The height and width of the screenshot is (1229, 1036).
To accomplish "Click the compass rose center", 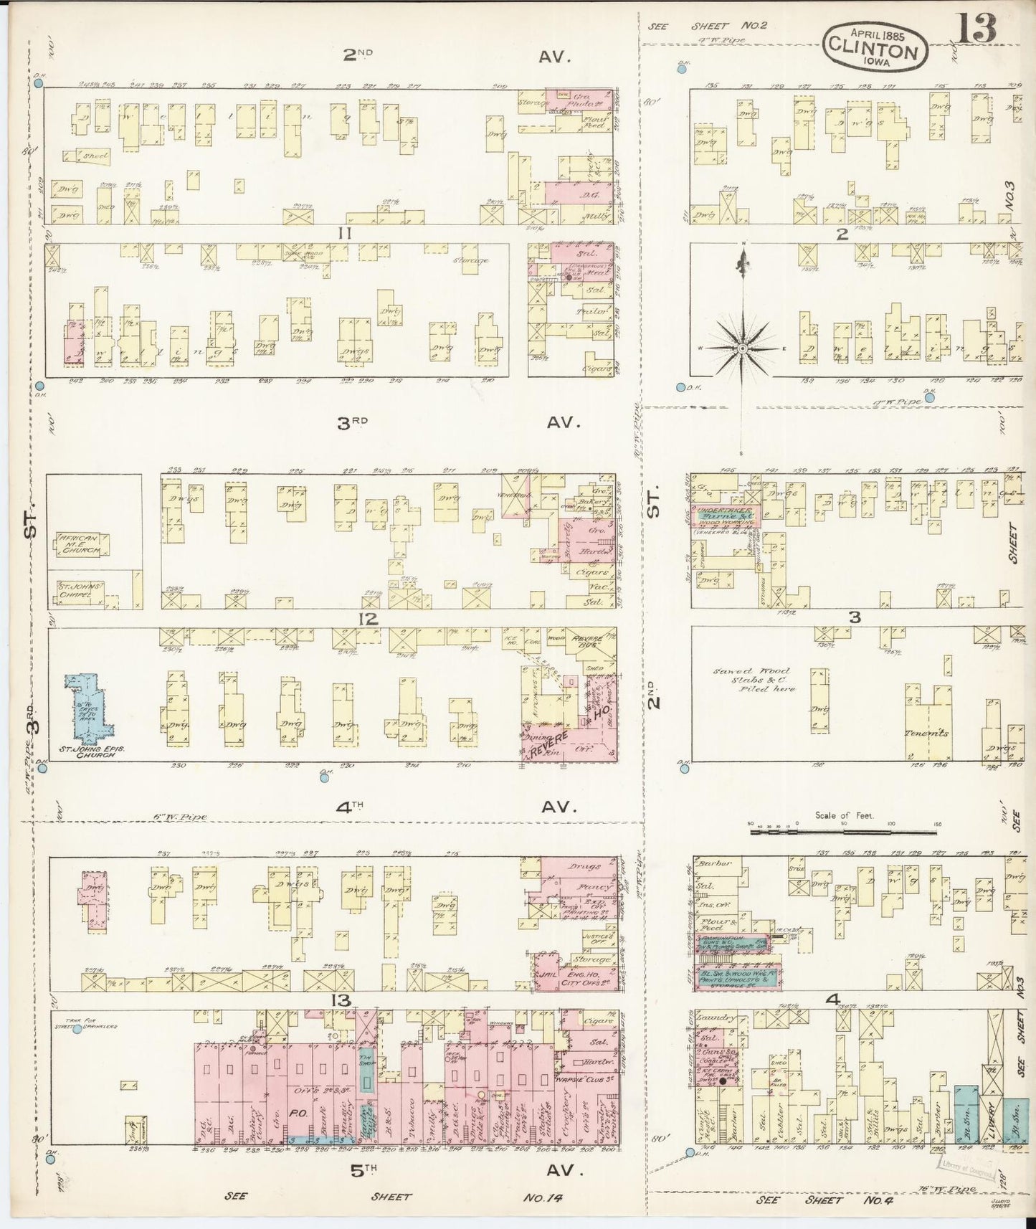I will coord(743,348).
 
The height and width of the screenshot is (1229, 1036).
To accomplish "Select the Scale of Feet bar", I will coord(844,832).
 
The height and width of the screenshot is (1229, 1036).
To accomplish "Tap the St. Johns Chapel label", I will coord(80,589).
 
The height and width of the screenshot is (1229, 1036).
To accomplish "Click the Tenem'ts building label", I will coord(928,733).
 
